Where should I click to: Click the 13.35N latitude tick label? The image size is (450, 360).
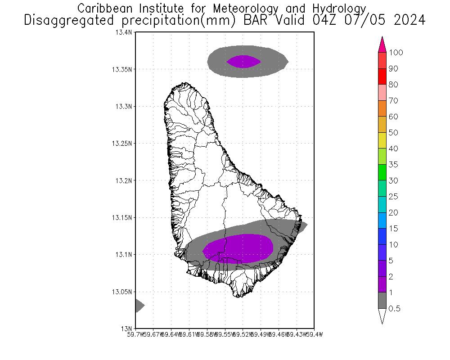[122, 69]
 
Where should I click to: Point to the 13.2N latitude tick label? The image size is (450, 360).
[124, 180]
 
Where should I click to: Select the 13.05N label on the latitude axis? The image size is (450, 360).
[122, 292]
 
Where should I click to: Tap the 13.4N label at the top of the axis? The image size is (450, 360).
[124, 32]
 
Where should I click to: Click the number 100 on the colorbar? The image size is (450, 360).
[396, 53]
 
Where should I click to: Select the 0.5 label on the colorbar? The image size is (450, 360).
[395, 309]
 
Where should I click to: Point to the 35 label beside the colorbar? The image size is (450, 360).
[393, 165]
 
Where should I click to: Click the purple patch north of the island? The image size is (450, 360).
[243, 61]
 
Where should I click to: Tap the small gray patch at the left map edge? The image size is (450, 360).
[139, 306]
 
